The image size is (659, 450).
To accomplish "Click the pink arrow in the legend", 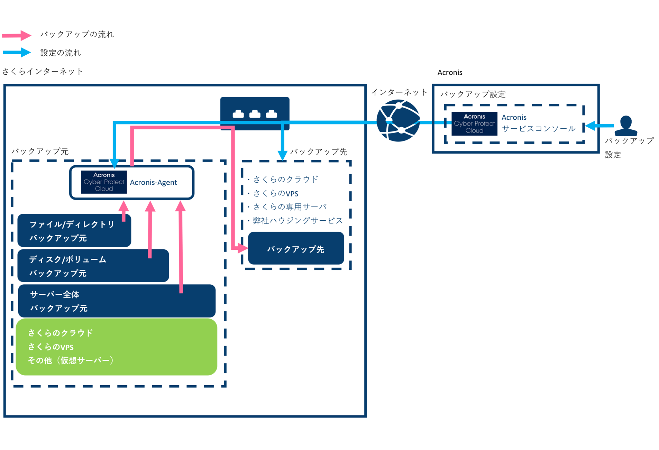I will [x=17, y=35].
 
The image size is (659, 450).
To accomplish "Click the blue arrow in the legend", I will [x=17, y=53].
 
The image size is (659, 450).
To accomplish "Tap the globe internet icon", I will [x=398, y=121].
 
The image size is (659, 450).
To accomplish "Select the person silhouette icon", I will [x=626, y=126].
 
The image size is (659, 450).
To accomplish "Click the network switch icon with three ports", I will [x=255, y=113].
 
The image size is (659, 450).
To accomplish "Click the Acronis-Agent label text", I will [x=153, y=183].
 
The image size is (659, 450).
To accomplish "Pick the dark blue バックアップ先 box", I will [x=296, y=248].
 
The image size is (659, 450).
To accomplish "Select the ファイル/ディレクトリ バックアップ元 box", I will [x=74, y=231].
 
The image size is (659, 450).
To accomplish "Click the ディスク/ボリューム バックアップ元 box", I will [x=93, y=266].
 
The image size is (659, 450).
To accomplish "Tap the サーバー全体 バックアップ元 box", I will [x=117, y=301].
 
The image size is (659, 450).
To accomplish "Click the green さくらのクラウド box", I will [x=116, y=347].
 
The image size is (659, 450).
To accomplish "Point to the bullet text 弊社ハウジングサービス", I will [x=298, y=221].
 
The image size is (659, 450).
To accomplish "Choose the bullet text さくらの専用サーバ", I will [x=290, y=207].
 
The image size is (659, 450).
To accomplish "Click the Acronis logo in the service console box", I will [x=474, y=124].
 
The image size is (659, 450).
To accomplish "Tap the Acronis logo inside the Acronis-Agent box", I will [x=104, y=182].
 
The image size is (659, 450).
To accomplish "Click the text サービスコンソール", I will [x=539, y=129].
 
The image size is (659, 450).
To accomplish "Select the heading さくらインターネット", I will [x=43, y=72].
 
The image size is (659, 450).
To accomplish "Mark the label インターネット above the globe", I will [x=399, y=92].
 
